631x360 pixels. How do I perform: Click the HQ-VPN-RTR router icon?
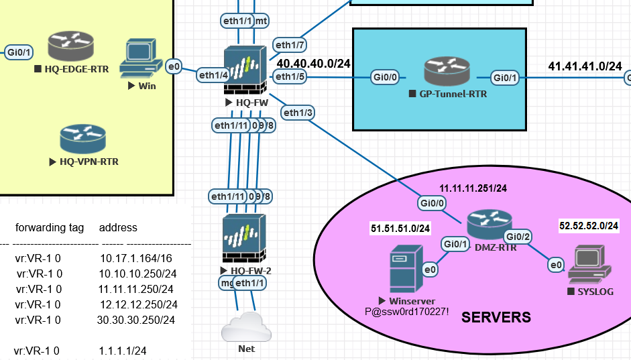pyautogui.click(x=82, y=139)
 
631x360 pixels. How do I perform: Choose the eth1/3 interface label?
pyautogui.click(x=298, y=113)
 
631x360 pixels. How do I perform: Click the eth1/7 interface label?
pyautogui.click(x=289, y=45)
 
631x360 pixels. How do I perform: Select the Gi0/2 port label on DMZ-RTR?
pyautogui.click(x=518, y=236)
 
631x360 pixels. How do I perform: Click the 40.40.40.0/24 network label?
pyautogui.click(x=314, y=64)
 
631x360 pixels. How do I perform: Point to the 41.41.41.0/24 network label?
pyautogui.click(x=585, y=66)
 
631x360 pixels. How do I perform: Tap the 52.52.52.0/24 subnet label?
pyautogui.click(x=589, y=227)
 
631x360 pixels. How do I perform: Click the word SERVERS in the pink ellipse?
pyautogui.click(x=496, y=317)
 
